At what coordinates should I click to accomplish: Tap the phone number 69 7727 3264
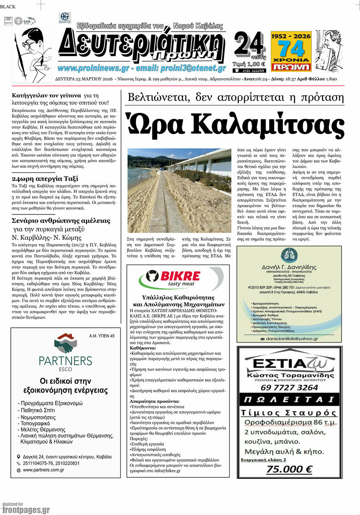click(289, 387)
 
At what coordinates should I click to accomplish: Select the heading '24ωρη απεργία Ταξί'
click(45, 178)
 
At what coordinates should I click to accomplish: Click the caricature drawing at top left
click(32, 54)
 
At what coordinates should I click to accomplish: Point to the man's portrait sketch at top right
click(329, 50)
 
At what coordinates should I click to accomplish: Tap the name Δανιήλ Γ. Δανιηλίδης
click(289, 267)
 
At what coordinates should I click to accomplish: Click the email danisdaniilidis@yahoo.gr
click(292, 339)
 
